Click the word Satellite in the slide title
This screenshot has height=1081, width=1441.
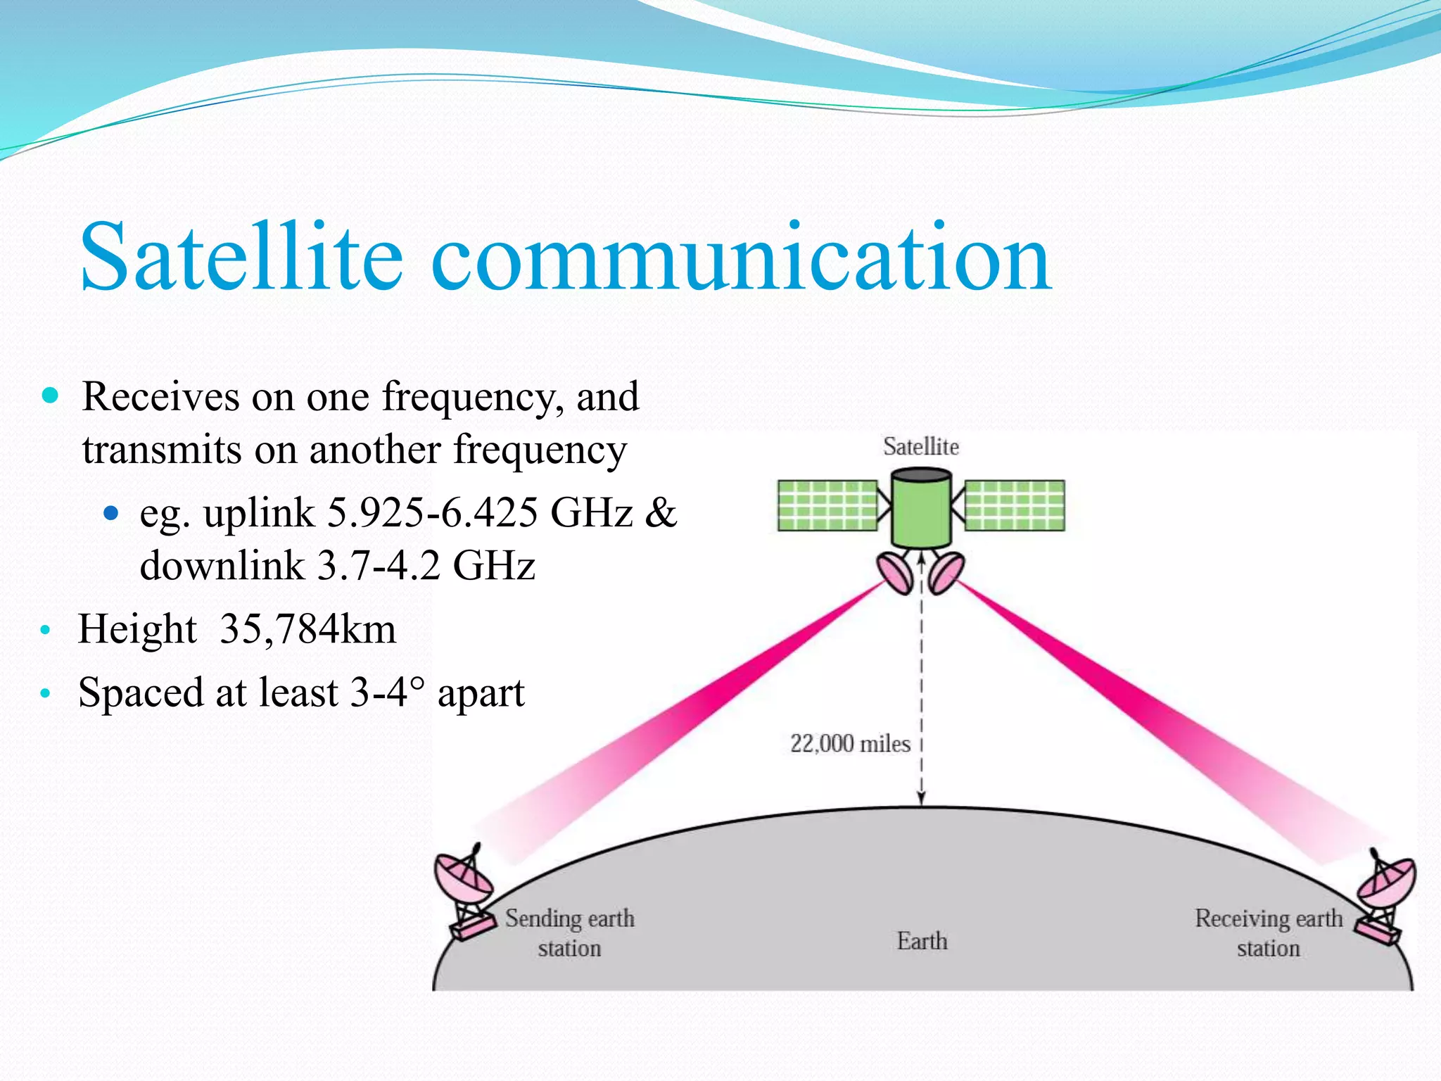pos(241,257)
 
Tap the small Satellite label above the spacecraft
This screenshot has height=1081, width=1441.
pos(920,447)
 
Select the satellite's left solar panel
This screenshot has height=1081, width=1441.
pos(827,505)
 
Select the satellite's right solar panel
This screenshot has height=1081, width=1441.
pos(1014,505)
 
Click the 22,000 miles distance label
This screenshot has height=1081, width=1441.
pos(849,744)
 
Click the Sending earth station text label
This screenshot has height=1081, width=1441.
pos(569,933)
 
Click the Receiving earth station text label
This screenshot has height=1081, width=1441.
pos(1268,933)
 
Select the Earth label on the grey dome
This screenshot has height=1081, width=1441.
pos(922,941)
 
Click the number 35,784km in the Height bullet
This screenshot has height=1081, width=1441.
pos(307,628)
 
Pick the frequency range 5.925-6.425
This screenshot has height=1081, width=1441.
pos(433,512)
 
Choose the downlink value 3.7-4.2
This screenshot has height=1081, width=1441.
pos(379,565)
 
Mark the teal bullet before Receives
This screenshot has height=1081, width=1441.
pos(50,395)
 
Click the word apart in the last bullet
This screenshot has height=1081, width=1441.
pos(481,693)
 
